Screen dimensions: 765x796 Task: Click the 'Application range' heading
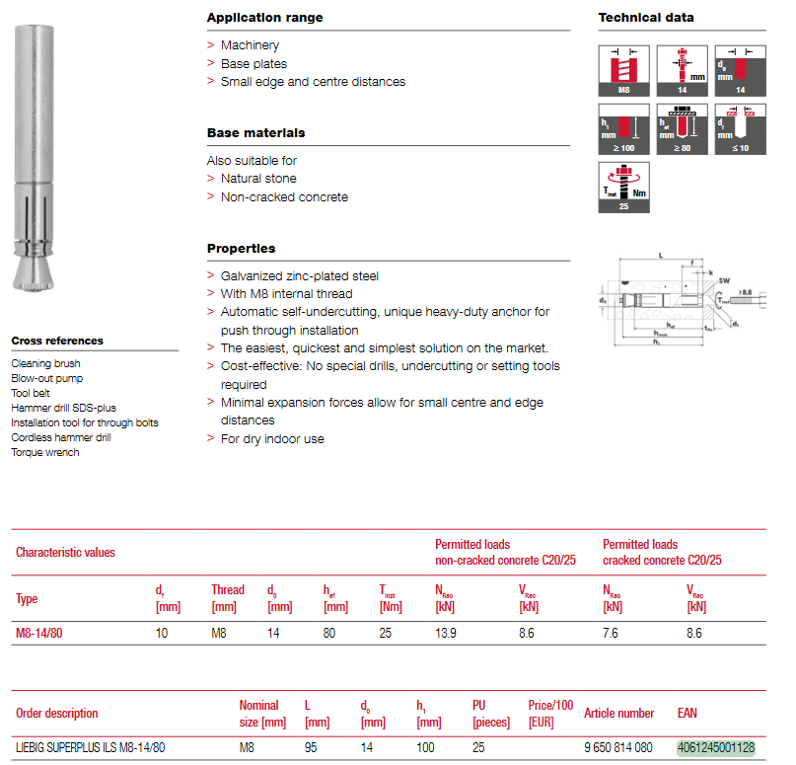[x=264, y=18]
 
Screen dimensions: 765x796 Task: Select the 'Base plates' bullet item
[x=253, y=63]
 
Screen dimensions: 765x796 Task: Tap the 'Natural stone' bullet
[x=258, y=179]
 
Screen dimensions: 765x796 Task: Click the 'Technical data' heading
[x=645, y=18]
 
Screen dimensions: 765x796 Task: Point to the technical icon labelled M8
[x=623, y=70]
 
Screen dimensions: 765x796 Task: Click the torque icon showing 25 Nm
[x=623, y=188]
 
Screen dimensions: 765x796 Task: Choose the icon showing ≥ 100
[x=623, y=128]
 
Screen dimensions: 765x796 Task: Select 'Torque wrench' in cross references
[x=45, y=452]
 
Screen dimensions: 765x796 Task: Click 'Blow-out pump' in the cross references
[x=47, y=378]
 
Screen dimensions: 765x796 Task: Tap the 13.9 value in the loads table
[x=446, y=633]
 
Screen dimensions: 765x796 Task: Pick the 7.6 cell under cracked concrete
[x=611, y=633]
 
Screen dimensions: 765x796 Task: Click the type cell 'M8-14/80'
[x=39, y=633]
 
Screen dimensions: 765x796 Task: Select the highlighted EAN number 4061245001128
[x=715, y=748]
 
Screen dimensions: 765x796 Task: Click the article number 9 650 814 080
[x=618, y=748]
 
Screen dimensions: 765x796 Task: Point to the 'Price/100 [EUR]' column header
[x=550, y=714]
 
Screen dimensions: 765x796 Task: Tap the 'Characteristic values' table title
[x=65, y=553]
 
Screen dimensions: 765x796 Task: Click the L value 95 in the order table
[x=311, y=748]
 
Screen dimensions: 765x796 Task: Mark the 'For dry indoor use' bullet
[x=272, y=438]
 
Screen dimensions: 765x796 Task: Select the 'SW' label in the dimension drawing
[x=725, y=280]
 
